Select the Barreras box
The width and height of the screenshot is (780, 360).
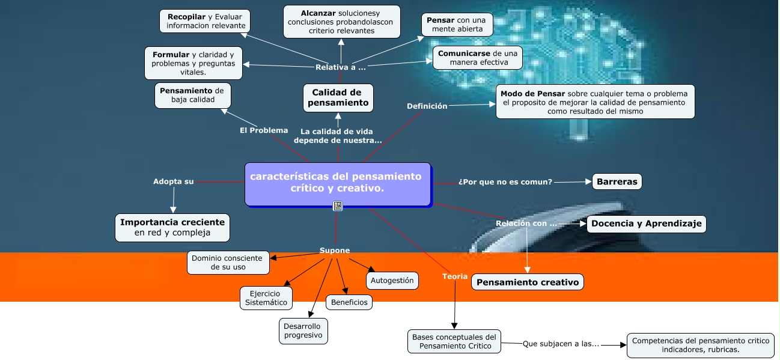coord(617,182)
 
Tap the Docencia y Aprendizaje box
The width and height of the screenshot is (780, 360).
coord(646,224)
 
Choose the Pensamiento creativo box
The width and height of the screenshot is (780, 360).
coord(527,282)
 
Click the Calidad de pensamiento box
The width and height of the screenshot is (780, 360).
coord(338,97)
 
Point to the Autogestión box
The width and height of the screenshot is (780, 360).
coord(392,280)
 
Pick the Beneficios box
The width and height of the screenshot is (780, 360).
coord(349,302)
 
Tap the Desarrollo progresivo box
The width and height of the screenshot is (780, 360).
coord(303,331)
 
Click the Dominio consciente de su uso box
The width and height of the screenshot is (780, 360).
coord(227,262)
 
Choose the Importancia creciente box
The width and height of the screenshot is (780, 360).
coord(172,227)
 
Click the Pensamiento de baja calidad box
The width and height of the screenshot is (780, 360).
coord(192,95)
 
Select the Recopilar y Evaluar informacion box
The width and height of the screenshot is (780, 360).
coord(205,21)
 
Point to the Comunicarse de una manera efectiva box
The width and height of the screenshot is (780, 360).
coord(477,58)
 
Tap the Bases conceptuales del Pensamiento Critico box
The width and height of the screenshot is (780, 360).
coord(454,341)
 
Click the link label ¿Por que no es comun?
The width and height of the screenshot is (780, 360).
coord(505,182)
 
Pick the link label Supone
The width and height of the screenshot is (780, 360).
coord(334,251)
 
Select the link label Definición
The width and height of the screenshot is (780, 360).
coord(427,106)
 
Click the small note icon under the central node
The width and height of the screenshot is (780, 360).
coord(338,206)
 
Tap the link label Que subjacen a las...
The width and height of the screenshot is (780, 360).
coord(561,344)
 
